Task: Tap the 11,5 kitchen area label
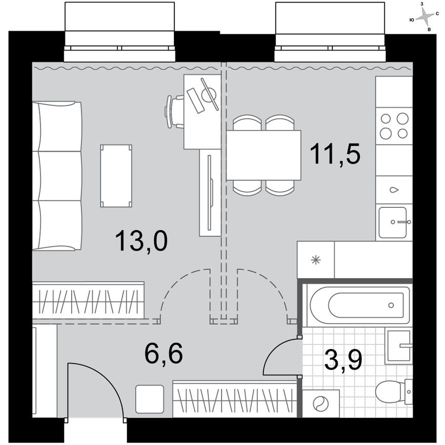click(335, 154)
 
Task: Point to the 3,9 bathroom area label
click(342, 361)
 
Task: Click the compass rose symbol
click(426, 18)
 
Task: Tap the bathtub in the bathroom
click(360, 305)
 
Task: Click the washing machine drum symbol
click(320, 404)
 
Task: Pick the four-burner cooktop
click(394, 125)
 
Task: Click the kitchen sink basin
click(393, 221)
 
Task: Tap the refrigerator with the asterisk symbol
click(316, 260)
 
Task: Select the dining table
click(263, 155)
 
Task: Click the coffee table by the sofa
click(116, 175)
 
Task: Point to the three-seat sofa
click(57, 175)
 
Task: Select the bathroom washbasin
click(398, 346)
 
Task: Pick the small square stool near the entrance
click(150, 398)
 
